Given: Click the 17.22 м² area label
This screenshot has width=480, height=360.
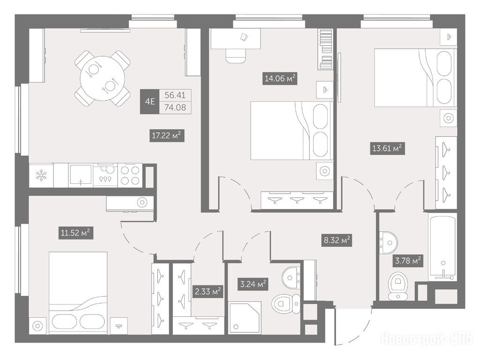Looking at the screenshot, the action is [167, 135].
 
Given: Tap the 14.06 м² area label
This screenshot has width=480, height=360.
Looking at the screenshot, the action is [280, 78].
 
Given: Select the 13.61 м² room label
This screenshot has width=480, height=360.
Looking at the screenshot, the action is [387, 149].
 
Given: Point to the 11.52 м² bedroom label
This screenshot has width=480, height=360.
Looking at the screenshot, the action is [75, 233].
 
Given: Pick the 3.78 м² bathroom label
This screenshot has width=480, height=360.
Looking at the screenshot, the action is [408, 261].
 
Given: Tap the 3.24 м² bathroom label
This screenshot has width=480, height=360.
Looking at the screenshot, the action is [253, 284].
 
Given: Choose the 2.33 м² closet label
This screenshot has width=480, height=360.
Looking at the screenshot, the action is [208, 292].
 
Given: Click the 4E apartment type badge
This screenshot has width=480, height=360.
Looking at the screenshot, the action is [150, 101].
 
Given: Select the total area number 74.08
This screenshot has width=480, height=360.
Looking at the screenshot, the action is [175, 107].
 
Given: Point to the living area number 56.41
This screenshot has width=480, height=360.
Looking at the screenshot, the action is [175, 95].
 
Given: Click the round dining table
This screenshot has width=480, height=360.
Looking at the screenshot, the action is [103, 78].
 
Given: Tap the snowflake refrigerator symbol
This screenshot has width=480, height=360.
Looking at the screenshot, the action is [41, 175].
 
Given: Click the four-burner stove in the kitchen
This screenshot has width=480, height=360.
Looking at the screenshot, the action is [130, 175].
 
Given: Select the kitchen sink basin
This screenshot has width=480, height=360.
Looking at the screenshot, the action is [81, 175].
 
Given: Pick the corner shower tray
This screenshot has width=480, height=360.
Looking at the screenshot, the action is [245, 318].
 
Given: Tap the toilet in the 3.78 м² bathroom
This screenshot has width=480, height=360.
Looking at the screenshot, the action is [398, 286].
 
